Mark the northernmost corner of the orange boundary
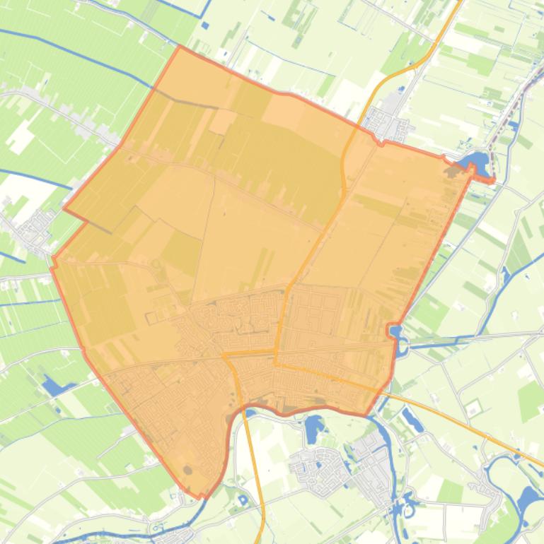click(180, 47)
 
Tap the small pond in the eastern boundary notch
click(395, 331)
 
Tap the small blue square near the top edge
click(205, 25)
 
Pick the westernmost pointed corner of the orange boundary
click(64, 208)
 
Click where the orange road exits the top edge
click(460, 1)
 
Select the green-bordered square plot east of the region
click(472, 407)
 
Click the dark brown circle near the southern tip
click(187, 469)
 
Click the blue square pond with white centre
click(243, 500)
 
